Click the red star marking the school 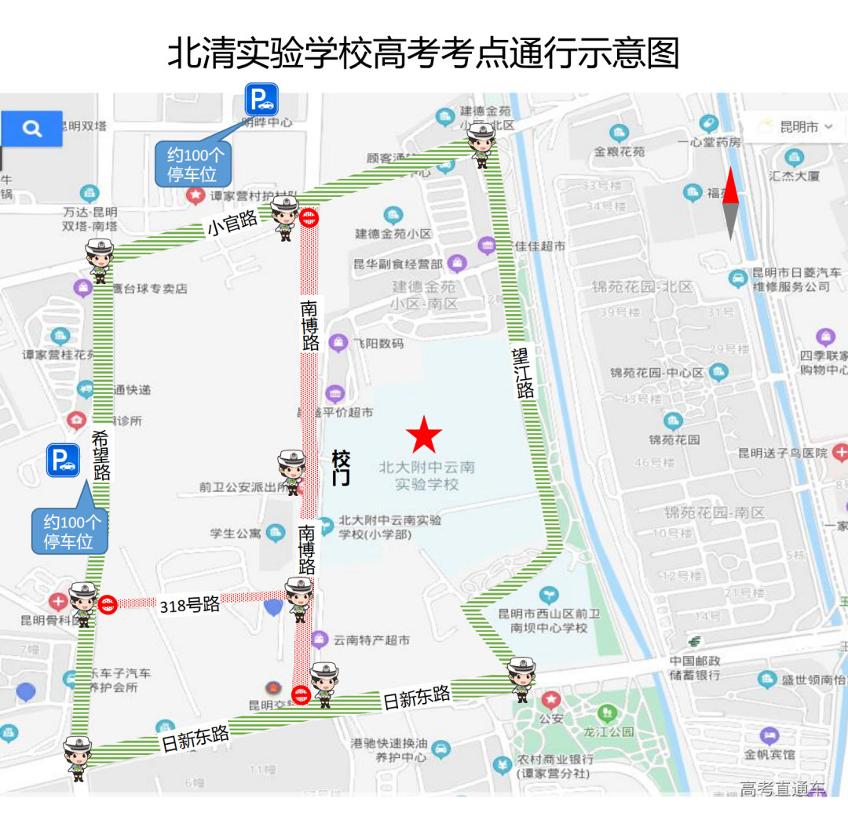click(x=424, y=435)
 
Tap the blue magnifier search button click(x=32, y=129)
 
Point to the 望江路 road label click(x=524, y=374)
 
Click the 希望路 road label click(x=101, y=455)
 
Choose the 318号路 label click(x=189, y=605)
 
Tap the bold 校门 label click(x=341, y=468)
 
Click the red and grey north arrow click(x=730, y=203)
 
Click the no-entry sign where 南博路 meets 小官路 click(x=311, y=218)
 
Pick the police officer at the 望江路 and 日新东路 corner click(x=521, y=679)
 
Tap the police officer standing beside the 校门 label click(x=291, y=472)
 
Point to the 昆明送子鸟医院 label click(x=782, y=454)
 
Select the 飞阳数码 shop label click(x=378, y=343)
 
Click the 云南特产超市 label click(x=371, y=640)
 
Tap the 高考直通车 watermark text click(x=782, y=789)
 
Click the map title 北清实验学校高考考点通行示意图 click(x=423, y=53)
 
